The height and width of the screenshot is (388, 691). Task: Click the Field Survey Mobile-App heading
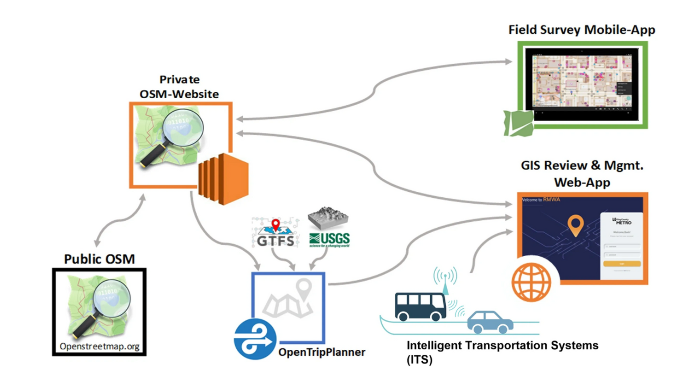click(x=582, y=29)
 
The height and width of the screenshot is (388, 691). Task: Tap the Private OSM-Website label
click(x=179, y=87)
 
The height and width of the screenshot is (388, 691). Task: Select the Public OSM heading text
click(x=99, y=258)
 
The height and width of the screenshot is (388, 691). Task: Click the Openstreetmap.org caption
click(x=99, y=345)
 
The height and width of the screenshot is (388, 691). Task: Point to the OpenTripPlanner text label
click(x=321, y=352)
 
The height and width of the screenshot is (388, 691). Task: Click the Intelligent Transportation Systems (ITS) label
click(x=502, y=352)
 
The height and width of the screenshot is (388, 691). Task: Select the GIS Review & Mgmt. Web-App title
click(x=582, y=174)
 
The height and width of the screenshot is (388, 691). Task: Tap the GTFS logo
click(x=276, y=233)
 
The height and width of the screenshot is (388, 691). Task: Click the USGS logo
click(x=329, y=229)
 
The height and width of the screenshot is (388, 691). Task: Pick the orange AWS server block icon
click(x=222, y=178)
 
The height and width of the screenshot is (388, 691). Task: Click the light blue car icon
click(x=490, y=322)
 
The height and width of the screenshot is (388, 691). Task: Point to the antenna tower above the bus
click(x=445, y=279)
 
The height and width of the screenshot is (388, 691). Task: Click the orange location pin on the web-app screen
click(x=575, y=225)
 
